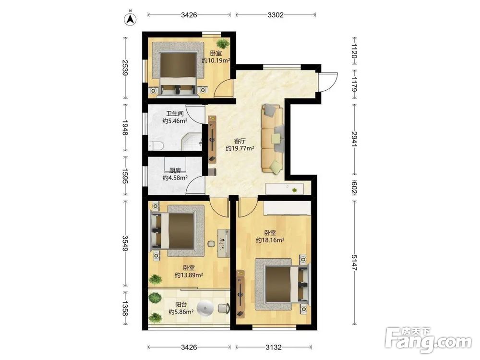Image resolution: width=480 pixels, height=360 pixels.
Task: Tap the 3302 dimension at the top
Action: pyautogui.click(x=276, y=15)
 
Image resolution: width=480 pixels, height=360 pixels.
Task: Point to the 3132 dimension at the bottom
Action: pyautogui.click(x=274, y=347)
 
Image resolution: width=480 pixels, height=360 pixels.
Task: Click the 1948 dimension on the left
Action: pyautogui.click(x=125, y=127)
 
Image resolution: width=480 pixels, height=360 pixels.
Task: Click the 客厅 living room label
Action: pyautogui.click(x=240, y=141)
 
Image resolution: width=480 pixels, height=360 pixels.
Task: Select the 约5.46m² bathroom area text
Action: pyautogui.click(x=175, y=121)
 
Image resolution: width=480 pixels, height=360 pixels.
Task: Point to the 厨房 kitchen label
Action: pyautogui.click(x=175, y=170)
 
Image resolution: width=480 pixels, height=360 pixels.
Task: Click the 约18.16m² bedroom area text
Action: pyautogui.click(x=270, y=240)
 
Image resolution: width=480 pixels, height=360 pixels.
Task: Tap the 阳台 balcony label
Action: pyautogui.click(x=181, y=305)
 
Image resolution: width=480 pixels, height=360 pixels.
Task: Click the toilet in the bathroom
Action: pyautogui.click(x=156, y=146)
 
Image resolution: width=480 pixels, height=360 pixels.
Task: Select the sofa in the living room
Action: pyautogui.click(x=273, y=140)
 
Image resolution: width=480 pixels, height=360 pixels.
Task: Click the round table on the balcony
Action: pyautogui.click(x=205, y=308)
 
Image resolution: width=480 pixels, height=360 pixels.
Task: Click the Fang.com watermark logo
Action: pyautogui.click(x=428, y=340)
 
